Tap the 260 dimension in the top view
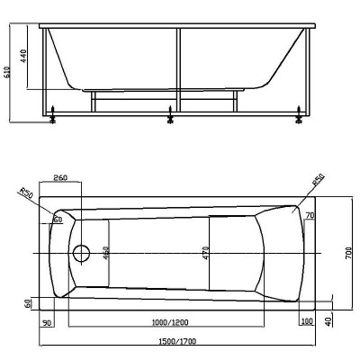(59, 177)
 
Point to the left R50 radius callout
(24, 193)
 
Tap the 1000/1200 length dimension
(168, 321)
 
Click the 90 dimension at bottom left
(47, 321)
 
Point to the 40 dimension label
(329, 319)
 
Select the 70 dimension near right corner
(309, 217)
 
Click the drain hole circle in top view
(82, 255)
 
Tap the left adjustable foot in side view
(56, 113)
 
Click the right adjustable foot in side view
(297, 113)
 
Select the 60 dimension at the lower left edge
(28, 303)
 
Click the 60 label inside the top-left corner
(58, 219)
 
